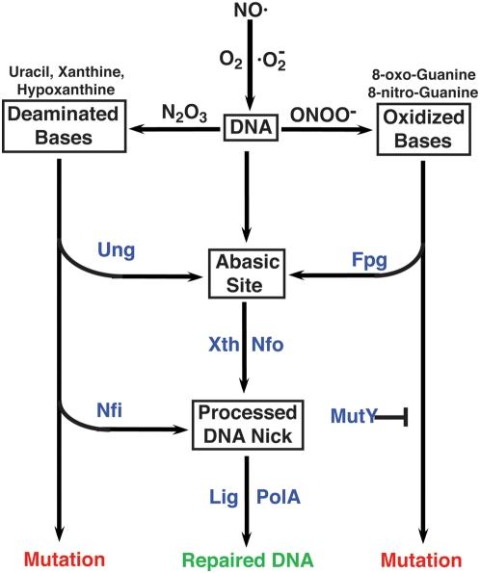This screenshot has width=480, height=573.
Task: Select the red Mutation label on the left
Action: [x=60, y=558]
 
